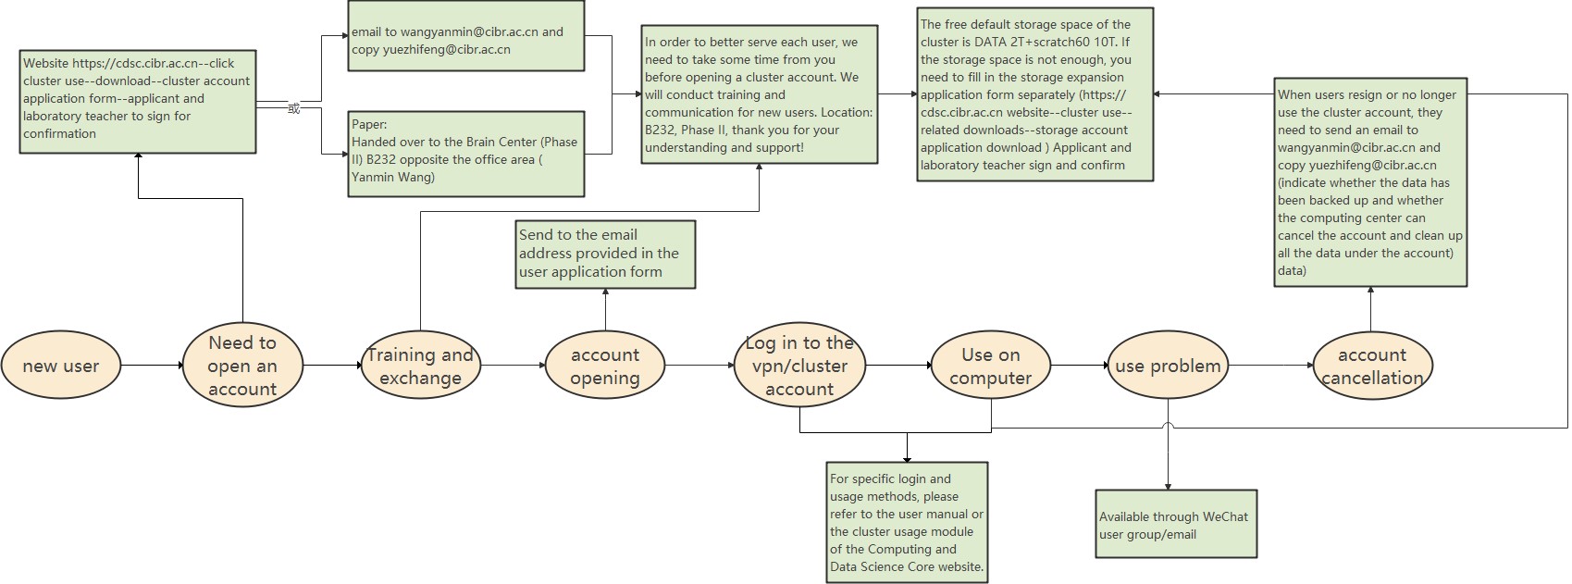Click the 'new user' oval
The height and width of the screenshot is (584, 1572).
(x=61, y=365)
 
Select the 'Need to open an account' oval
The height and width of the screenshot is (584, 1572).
(x=242, y=365)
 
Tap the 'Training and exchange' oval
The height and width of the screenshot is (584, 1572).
(x=421, y=365)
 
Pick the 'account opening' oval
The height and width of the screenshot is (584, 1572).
(x=605, y=365)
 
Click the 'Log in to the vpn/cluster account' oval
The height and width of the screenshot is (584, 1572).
(x=800, y=365)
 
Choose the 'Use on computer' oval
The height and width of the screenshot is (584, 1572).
(x=991, y=365)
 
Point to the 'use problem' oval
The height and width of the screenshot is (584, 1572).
(x=1168, y=365)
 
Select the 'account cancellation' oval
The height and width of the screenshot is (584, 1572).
(x=1372, y=365)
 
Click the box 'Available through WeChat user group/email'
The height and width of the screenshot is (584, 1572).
(x=1176, y=524)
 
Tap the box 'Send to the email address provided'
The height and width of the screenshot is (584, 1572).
(x=606, y=255)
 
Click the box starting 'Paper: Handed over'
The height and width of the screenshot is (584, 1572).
(x=466, y=154)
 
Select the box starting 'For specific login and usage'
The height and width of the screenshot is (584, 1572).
(x=907, y=522)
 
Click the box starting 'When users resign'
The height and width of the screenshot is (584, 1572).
(x=1370, y=182)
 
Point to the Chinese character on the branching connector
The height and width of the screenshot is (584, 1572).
(x=293, y=109)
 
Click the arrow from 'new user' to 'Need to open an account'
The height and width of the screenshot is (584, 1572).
(x=153, y=365)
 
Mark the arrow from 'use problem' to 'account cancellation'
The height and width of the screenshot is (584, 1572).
(x=1271, y=365)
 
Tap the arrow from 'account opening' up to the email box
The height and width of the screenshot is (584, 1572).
(x=606, y=309)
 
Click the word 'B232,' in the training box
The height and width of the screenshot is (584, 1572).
(x=662, y=130)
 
